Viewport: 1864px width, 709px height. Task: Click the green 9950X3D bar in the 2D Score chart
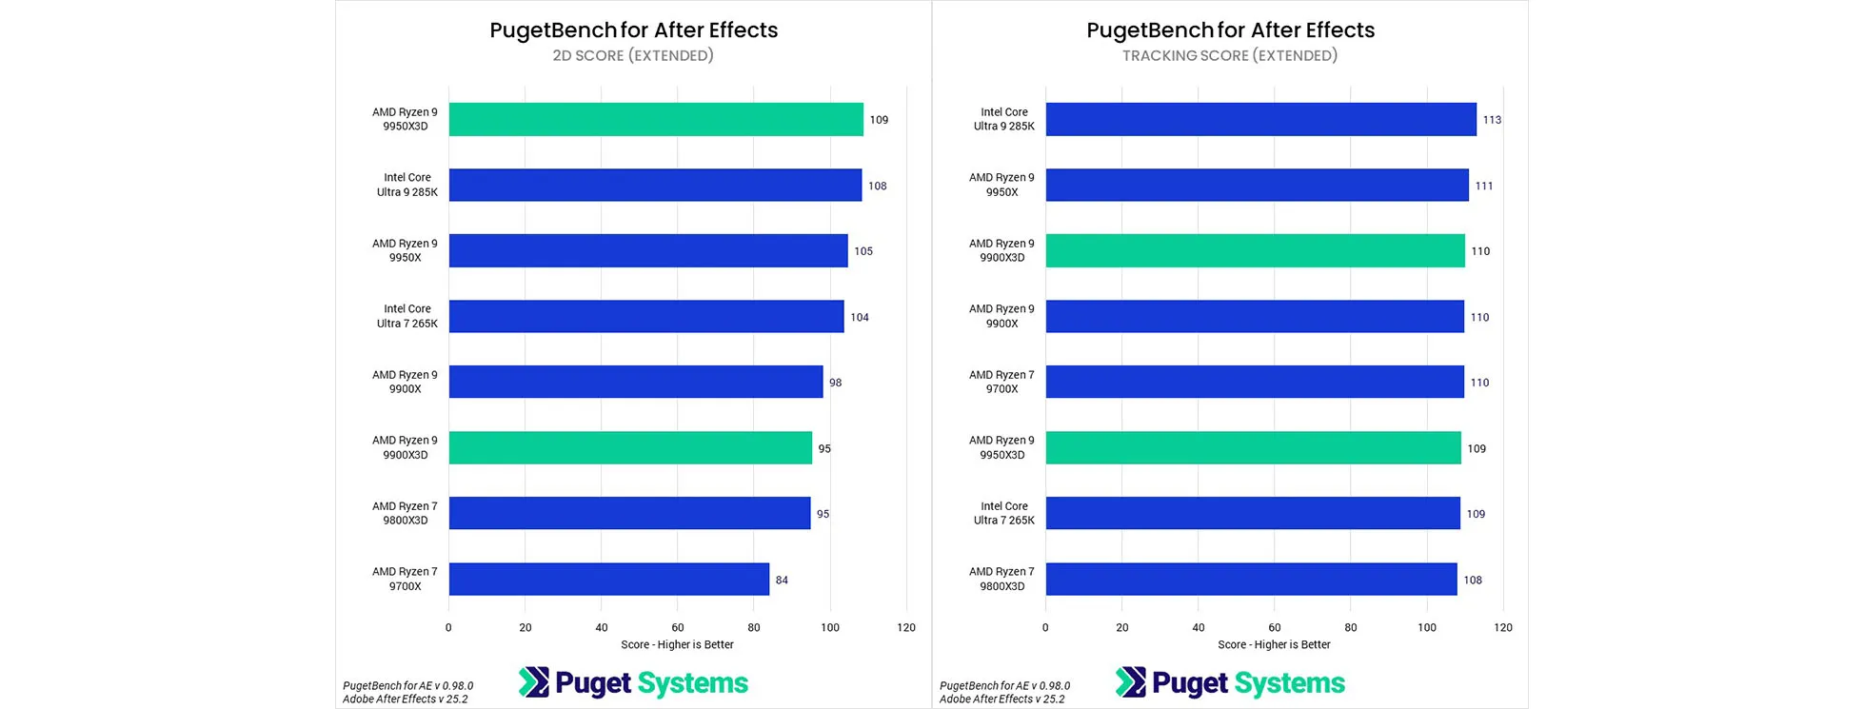[x=656, y=120]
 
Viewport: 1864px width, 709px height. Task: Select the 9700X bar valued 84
[x=609, y=580]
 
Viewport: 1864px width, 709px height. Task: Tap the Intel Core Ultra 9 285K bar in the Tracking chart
[x=1260, y=120]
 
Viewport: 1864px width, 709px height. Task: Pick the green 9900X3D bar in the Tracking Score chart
[x=1255, y=251]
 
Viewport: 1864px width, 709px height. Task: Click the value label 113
[x=1492, y=120]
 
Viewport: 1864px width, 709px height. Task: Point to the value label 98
[x=835, y=383]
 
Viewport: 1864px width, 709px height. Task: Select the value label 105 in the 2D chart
[x=863, y=251]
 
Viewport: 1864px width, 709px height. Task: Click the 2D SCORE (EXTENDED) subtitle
[x=633, y=56]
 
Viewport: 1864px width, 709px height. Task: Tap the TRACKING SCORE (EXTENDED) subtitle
[x=1230, y=56]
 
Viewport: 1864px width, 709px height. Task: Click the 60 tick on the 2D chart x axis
[x=678, y=628]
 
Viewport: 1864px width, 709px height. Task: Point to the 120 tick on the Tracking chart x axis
[x=1503, y=628]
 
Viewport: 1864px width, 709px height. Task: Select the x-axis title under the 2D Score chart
[x=677, y=645]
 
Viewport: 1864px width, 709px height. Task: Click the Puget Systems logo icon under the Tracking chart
[x=1131, y=682]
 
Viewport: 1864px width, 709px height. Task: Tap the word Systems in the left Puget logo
[x=692, y=683]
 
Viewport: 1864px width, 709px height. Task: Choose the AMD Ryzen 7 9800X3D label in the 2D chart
[x=405, y=514]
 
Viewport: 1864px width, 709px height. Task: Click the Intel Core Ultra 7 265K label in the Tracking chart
[x=1003, y=514]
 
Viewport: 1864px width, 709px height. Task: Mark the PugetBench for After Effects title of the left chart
[x=633, y=30]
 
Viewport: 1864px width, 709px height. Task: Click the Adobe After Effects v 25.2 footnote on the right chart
[x=1002, y=699]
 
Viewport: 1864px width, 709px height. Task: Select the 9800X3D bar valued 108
[x=1251, y=580]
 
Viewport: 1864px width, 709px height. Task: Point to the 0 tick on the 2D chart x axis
[x=448, y=628]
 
